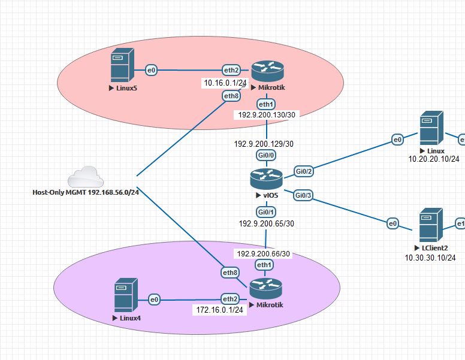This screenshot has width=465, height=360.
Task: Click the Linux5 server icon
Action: coord(122,65)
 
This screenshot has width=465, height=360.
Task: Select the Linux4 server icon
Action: coord(126,295)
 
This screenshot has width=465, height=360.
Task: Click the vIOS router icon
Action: coord(266,179)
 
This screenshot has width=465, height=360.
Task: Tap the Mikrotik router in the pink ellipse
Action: coord(267,71)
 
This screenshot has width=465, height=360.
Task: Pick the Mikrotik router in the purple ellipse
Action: coord(265,289)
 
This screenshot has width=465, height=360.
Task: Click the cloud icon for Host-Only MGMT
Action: coord(86,177)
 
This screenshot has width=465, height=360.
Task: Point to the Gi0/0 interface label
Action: coord(266,155)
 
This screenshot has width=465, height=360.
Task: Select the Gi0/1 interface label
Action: coord(265,212)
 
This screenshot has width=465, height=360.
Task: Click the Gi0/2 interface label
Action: coord(304,171)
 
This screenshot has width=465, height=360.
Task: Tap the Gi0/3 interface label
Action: coord(303,195)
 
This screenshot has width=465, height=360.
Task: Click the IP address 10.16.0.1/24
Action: coord(225,83)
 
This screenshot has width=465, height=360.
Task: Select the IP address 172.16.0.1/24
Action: coord(220,310)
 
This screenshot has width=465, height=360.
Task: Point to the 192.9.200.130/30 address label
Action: coord(267,115)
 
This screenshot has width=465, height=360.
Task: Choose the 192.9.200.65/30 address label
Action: coord(267,223)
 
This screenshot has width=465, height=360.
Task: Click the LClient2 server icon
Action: coord(431,225)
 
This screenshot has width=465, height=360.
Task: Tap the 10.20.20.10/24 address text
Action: coord(434,159)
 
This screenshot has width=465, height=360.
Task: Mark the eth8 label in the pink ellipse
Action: coord(231,96)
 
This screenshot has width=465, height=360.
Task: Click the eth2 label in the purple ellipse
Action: coord(230,299)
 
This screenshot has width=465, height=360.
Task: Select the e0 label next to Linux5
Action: coord(151,70)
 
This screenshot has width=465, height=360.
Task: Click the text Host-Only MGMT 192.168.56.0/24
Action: coord(86,192)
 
